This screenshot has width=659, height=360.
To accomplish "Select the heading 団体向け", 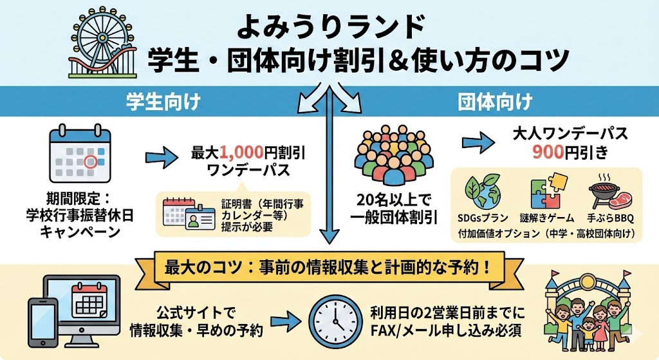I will pos(495,102).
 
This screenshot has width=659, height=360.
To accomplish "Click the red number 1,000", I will pos(241,153).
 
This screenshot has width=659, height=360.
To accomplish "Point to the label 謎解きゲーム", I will pos(547,218).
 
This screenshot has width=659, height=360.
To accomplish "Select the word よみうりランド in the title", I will pos(331,27).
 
